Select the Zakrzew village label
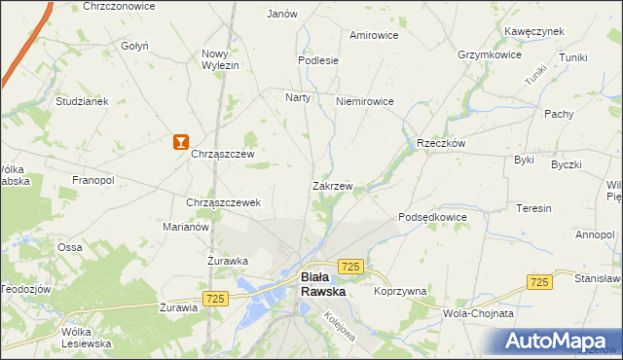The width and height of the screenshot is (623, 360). click(x=331, y=185)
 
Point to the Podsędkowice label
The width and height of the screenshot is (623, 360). click(x=432, y=217)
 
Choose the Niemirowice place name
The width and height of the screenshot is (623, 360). click(x=363, y=101)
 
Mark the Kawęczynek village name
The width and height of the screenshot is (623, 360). click(x=534, y=31)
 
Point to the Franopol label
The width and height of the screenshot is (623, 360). click(x=93, y=180)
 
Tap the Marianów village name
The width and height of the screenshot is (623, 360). click(x=187, y=227)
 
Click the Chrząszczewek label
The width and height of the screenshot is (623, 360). click(x=223, y=202)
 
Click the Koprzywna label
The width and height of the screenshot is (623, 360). click(x=400, y=291)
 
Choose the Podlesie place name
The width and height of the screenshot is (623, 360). click(x=318, y=59)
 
